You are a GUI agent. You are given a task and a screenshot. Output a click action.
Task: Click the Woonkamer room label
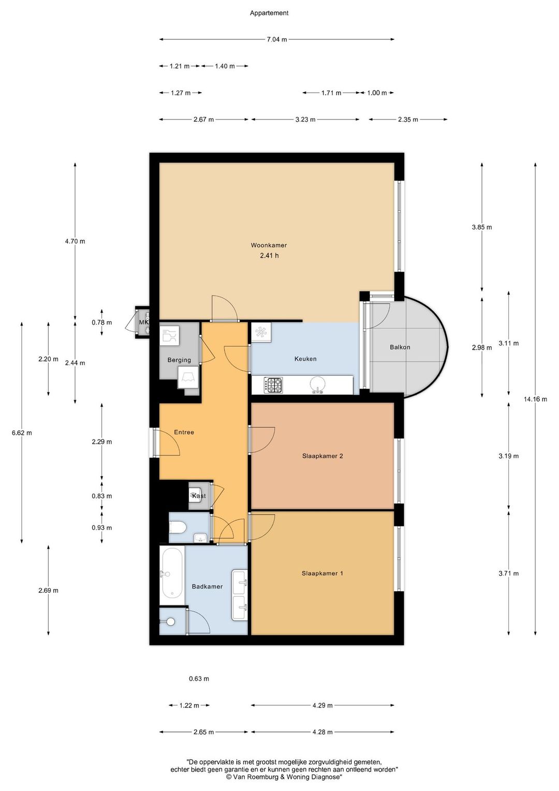point(269,245)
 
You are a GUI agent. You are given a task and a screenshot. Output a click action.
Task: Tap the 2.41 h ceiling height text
point(269,255)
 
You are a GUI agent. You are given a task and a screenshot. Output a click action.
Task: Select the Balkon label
point(400,347)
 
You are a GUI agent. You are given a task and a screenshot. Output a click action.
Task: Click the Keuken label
point(305,359)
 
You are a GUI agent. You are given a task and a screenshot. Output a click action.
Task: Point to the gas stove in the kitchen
point(273,385)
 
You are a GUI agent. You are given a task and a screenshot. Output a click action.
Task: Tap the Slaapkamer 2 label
point(322,456)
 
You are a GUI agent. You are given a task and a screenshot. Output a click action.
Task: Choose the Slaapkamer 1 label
point(322,573)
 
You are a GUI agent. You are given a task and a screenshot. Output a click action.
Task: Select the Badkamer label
point(207,587)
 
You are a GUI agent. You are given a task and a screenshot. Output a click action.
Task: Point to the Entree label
point(184,432)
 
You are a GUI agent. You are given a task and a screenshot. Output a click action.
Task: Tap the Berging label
point(179,360)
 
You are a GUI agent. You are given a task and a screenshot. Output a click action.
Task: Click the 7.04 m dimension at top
point(276,39)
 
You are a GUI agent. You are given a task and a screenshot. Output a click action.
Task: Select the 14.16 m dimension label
point(535,399)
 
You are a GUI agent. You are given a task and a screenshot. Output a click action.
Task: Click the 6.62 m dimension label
point(22,433)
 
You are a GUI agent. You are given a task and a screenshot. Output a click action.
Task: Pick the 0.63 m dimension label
point(199,678)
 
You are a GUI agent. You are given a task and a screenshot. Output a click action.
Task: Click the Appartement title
point(269,13)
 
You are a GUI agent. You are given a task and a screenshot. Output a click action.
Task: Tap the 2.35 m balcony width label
point(408,120)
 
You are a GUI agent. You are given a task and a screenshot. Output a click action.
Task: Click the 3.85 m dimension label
point(482,227)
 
